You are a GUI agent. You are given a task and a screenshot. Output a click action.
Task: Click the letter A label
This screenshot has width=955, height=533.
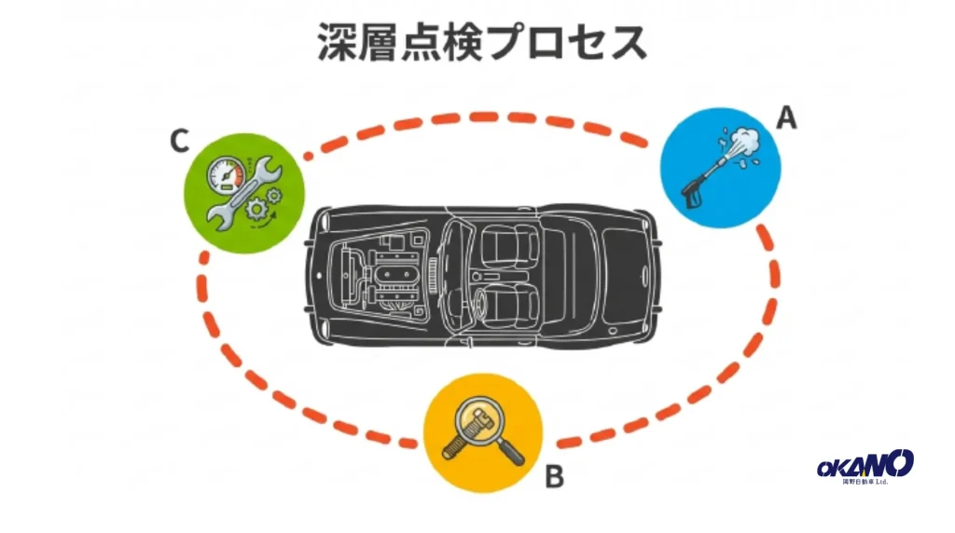(787, 118)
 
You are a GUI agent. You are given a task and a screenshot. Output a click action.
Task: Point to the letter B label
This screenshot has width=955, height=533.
(554, 478)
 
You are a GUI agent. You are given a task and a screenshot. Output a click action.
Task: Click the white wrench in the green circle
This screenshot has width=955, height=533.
(242, 190)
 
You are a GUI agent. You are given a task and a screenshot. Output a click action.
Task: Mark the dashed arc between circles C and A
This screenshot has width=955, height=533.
(476, 119)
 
